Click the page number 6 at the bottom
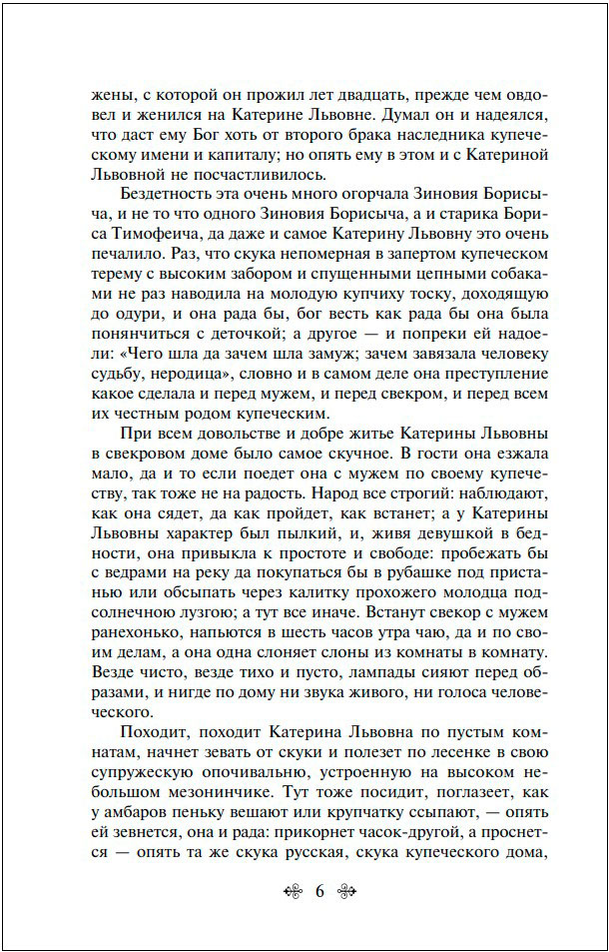click(x=320, y=893)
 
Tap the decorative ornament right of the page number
click(x=347, y=893)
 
